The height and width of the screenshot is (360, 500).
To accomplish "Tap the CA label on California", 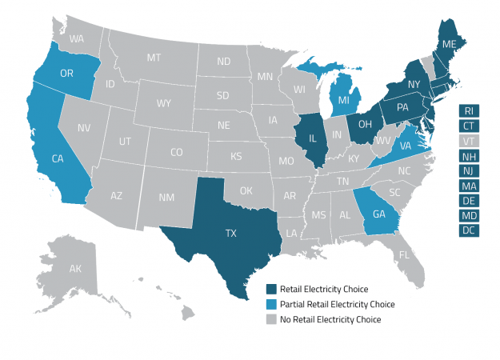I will point(58,158).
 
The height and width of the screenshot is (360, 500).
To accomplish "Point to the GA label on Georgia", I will point(379,214).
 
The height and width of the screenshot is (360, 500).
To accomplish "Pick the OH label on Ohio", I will point(364,125).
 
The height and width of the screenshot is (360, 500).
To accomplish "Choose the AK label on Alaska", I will point(74,270).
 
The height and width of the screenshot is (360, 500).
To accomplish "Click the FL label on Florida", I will point(405,255).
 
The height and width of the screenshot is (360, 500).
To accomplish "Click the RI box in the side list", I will point(469,110).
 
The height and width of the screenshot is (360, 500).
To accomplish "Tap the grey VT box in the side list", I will point(469,141).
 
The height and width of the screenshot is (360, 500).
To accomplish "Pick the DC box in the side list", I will point(469,230).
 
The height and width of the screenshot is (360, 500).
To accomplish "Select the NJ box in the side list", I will point(469,170).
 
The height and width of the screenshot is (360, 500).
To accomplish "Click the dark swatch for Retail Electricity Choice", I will point(272,289).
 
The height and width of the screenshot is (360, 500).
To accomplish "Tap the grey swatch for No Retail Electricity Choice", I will point(272,319).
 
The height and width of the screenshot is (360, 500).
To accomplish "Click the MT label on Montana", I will point(154,58).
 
